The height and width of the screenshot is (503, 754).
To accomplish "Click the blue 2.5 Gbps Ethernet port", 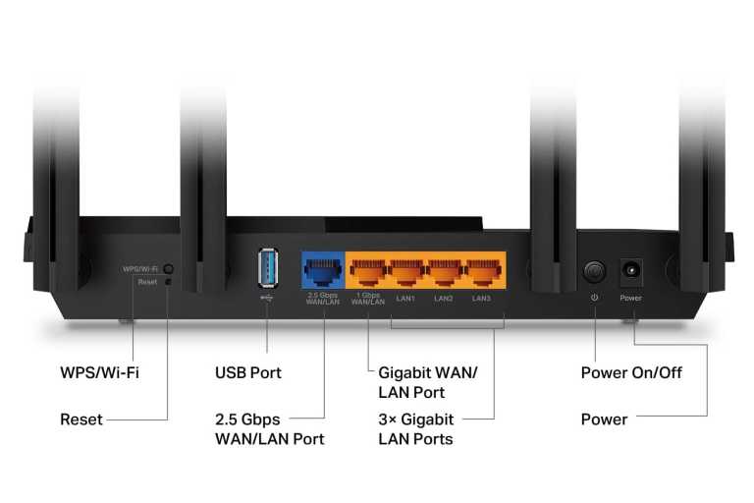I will coord(322,270).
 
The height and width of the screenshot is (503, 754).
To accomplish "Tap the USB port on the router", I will coord(267,268).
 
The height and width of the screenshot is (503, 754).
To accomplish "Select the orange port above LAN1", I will coord(405,270).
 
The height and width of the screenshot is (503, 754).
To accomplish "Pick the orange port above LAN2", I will coord(444,270).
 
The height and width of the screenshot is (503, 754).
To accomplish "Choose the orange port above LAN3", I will coord(482,270).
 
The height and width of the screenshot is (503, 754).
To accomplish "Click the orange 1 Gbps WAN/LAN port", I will coord(367,270).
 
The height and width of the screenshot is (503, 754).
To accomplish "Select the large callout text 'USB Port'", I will coord(247,373).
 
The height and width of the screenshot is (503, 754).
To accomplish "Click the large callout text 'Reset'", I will coord(81,419).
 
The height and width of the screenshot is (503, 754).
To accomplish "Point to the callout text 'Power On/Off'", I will coord(631,373).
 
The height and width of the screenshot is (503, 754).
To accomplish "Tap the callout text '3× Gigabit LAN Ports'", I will coord(415,429).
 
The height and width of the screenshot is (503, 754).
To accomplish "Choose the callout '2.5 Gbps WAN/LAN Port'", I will coord(269,429).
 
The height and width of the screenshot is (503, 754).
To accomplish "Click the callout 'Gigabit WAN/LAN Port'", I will coord(427,383).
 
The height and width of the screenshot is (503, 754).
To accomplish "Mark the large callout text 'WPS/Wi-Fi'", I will coord(99,373).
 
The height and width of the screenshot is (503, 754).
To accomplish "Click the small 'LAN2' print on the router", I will coord(444,298).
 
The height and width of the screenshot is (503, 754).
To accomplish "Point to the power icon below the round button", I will coord(594,298).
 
